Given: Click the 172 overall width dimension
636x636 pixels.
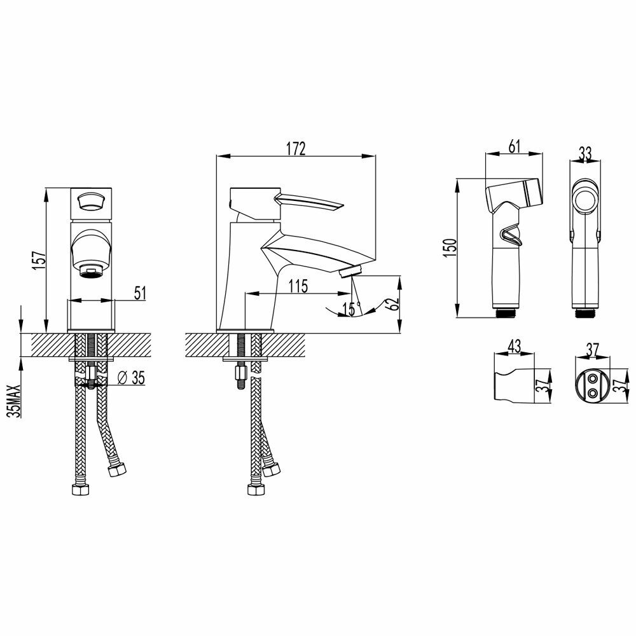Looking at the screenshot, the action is click(295, 149).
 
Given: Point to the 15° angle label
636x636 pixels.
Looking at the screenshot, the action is click(350, 309).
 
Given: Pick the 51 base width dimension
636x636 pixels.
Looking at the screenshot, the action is click(140, 293).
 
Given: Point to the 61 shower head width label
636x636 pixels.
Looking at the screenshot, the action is click(514, 146).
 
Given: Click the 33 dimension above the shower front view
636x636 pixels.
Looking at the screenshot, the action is click(585, 153).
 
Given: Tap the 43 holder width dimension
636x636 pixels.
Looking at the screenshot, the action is click(514, 347).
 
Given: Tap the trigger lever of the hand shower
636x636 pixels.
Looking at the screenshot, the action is click(509, 237).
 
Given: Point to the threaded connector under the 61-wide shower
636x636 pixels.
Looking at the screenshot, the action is click(505, 312).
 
